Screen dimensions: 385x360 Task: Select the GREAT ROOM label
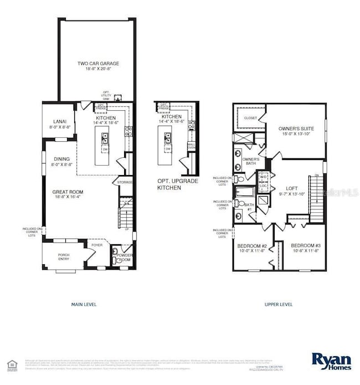pyautogui.click(x=68, y=192)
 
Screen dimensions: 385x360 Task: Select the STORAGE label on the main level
pyautogui.click(x=125, y=182)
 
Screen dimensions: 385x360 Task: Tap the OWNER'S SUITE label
pyautogui.click(x=296, y=129)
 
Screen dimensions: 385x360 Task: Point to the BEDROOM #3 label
pyautogui.click(x=302, y=246)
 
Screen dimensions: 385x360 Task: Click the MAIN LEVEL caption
pyautogui.click(x=84, y=304)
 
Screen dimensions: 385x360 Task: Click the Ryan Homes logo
pyautogui.click(x=331, y=361)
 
